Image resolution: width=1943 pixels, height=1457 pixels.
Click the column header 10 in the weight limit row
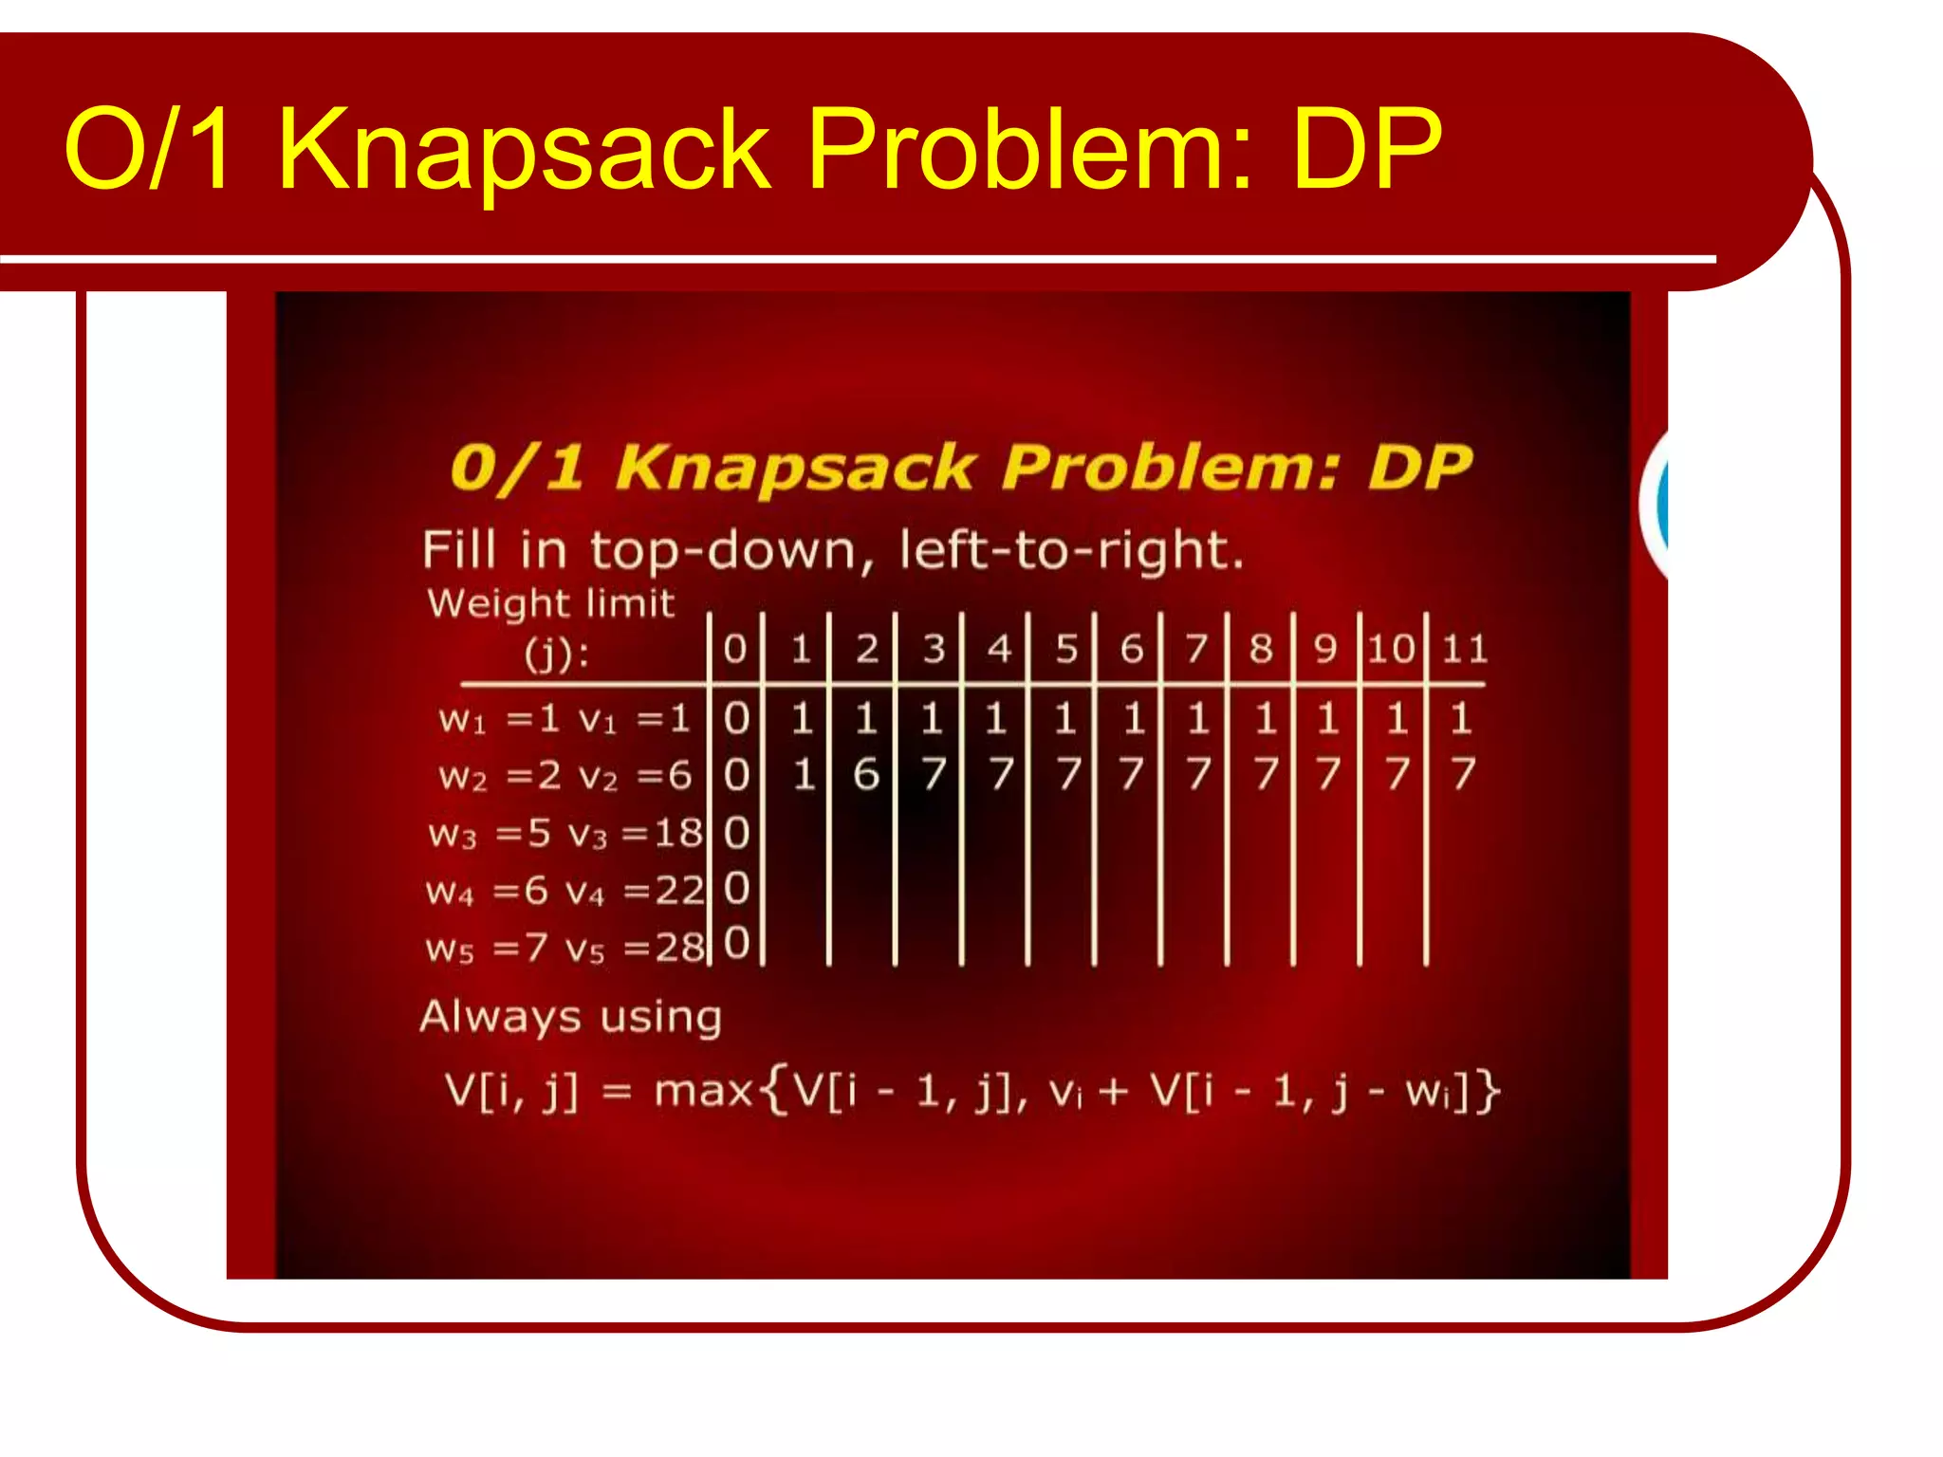point(1392,649)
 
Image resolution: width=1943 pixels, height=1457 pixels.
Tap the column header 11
point(1465,649)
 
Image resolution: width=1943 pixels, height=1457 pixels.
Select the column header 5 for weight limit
point(1066,649)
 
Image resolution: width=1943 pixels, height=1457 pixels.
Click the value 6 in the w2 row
point(865,775)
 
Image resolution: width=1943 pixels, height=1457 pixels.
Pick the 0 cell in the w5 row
point(737,944)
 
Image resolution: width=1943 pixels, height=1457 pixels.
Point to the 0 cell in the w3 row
point(737,833)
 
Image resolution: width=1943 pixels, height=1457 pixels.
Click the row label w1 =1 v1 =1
point(564,719)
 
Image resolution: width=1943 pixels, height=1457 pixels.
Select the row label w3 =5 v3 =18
point(565,834)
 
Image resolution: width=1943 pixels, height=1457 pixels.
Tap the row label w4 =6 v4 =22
point(565,891)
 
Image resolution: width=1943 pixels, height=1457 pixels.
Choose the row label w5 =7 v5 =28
point(565,948)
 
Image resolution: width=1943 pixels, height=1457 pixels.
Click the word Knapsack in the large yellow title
point(524,150)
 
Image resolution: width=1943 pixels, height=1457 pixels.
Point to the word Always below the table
point(499,1017)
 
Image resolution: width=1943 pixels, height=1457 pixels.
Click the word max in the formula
point(703,1091)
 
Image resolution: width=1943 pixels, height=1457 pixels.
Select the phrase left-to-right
point(1071,550)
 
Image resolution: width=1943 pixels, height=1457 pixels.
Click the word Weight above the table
point(497,604)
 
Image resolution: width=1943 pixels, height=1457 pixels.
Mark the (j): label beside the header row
point(557,654)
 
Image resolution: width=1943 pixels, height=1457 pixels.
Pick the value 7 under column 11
point(1462,774)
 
